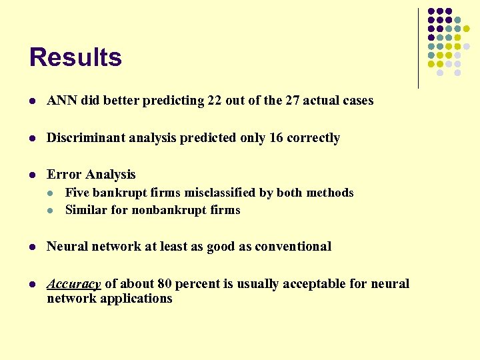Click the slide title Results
click(75, 57)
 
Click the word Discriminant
click(81, 138)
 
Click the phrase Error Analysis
click(91, 175)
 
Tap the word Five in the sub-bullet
click(77, 193)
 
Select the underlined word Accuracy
click(73, 284)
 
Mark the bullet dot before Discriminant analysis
click(33, 139)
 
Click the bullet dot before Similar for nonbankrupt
click(51, 211)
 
